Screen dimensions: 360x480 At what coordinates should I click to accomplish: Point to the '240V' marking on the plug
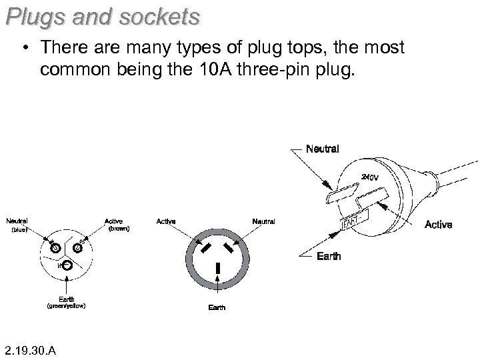(x=369, y=177)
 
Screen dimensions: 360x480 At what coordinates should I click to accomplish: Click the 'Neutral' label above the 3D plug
(x=322, y=149)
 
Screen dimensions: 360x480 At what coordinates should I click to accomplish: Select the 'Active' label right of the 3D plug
(x=438, y=225)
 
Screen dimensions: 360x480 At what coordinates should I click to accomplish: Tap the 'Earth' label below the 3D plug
(x=327, y=256)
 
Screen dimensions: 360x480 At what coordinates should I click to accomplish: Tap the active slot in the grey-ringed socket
(x=205, y=248)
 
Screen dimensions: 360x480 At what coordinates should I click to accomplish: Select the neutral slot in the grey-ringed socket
(x=230, y=249)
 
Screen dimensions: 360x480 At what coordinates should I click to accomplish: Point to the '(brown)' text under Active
(x=119, y=229)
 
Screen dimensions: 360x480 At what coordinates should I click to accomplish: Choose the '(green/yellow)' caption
(x=65, y=307)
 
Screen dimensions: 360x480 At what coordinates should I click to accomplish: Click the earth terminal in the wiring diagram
(x=67, y=266)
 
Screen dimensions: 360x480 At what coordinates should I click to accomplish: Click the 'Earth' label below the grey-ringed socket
(x=217, y=307)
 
